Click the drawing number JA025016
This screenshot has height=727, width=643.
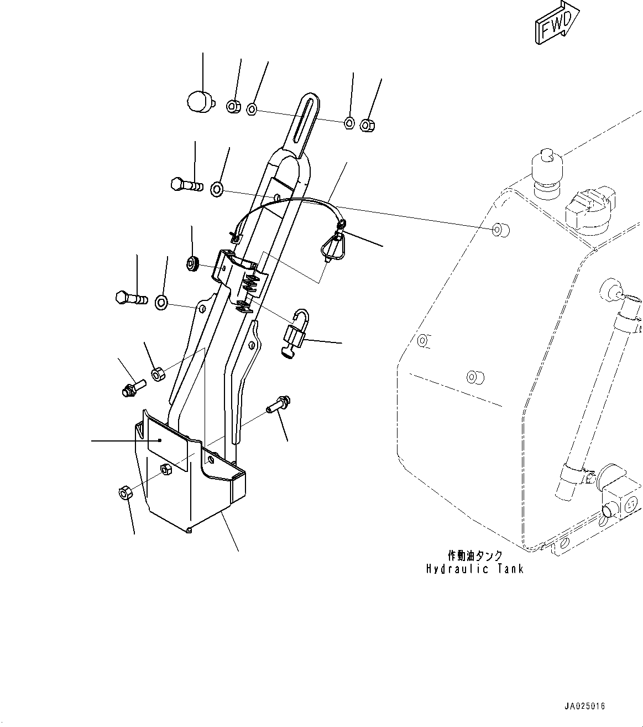[x=585, y=706]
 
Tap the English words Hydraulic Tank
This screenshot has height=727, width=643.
[x=474, y=569]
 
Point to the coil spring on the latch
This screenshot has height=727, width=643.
[x=250, y=283]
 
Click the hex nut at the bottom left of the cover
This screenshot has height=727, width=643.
[x=125, y=492]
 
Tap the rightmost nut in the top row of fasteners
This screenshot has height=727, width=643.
[x=366, y=125]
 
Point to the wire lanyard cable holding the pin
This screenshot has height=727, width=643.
[x=287, y=203]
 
